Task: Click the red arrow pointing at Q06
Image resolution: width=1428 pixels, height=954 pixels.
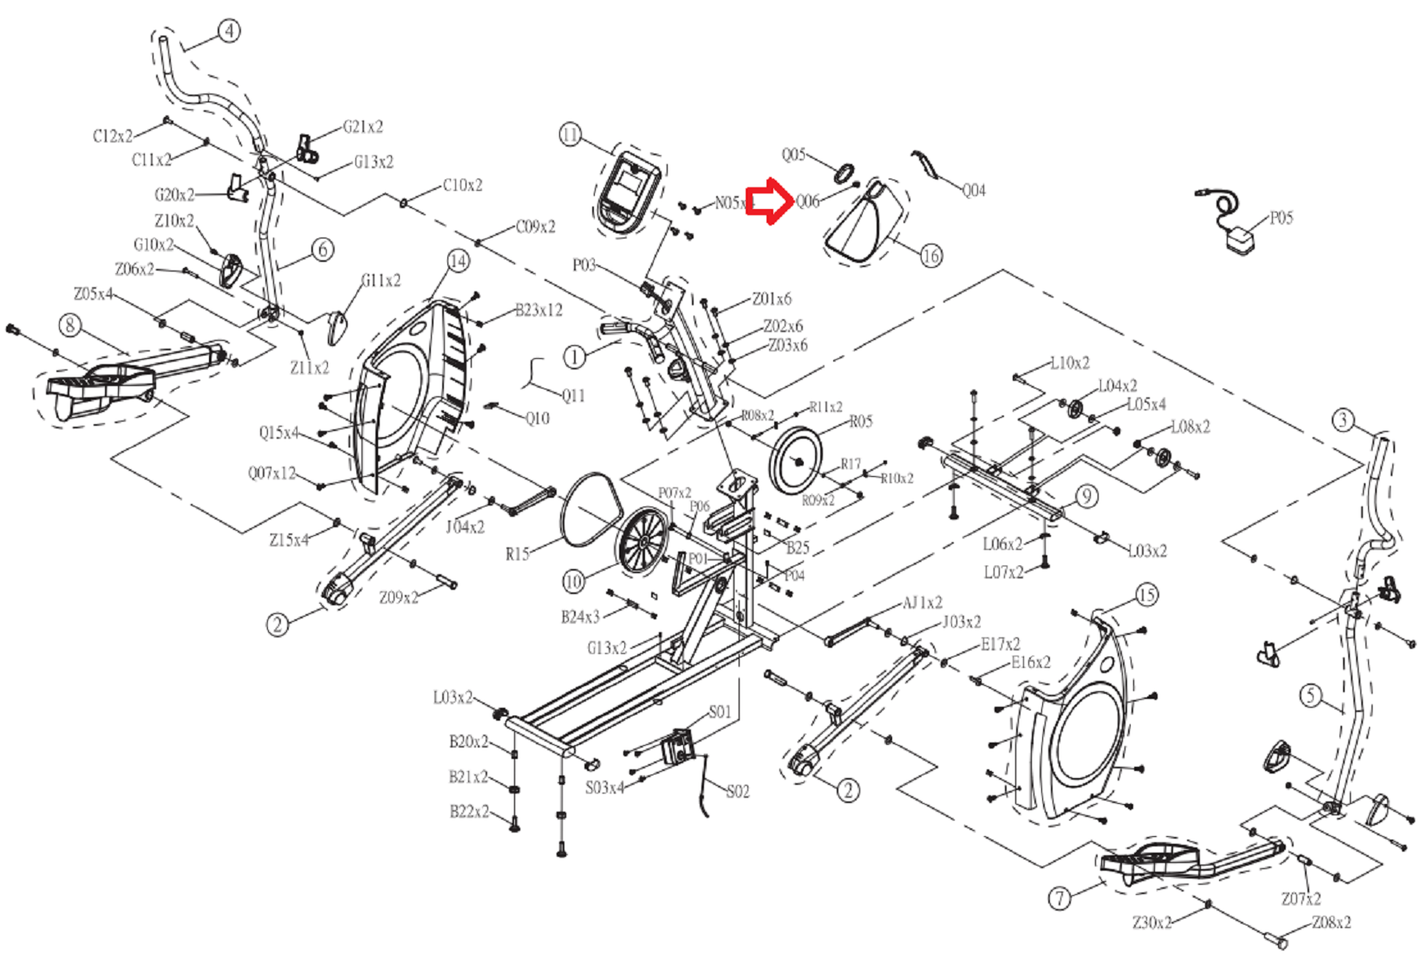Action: click(x=770, y=201)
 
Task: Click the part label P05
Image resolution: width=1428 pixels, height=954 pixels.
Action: click(x=1281, y=218)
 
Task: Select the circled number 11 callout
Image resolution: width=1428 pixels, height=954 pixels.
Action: click(x=570, y=135)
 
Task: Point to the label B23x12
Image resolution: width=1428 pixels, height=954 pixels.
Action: click(x=538, y=310)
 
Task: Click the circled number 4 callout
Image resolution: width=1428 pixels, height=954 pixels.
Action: click(x=229, y=31)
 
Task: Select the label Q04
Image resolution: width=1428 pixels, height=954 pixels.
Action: click(x=974, y=190)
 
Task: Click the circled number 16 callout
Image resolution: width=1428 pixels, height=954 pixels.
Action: click(x=930, y=256)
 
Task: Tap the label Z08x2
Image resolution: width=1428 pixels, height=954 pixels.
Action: click(x=1331, y=922)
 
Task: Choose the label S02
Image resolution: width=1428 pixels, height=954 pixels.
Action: click(x=737, y=791)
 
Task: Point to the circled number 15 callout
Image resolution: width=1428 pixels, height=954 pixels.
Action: click(x=1146, y=595)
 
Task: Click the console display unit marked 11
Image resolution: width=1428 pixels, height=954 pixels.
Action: click(x=629, y=193)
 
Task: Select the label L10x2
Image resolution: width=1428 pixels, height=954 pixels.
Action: click(x=1069, y=363)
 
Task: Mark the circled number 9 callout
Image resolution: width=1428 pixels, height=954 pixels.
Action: click(x=1086, y=496)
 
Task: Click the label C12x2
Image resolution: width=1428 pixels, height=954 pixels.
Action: click(x=113, y=136)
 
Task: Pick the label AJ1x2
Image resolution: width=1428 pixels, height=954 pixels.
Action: click(x=923, y=602)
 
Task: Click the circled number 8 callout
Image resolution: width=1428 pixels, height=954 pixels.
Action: click(x=69, y=325)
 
